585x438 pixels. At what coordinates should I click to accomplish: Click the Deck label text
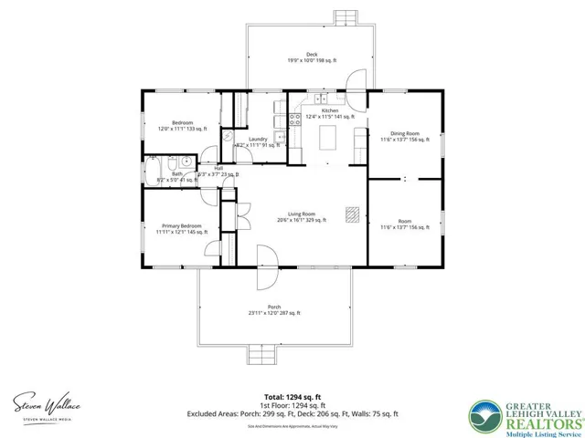[311, 54]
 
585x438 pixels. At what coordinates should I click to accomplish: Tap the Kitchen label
[329, 110]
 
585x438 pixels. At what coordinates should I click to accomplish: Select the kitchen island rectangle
[329, 136]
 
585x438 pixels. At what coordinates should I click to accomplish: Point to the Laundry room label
[258, 139]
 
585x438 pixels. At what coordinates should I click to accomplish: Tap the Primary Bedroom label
[182, 225]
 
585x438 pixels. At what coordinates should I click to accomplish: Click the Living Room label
[303, 214]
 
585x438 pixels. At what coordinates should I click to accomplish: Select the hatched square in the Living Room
[352, 214]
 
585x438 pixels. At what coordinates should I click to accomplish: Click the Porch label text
[274, 307]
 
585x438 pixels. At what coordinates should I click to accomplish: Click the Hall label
[218, 169]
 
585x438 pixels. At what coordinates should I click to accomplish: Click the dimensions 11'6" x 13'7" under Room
[404, 227]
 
